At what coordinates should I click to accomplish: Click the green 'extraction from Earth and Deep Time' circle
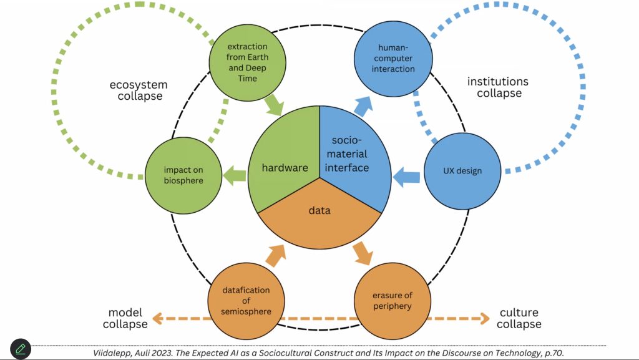pyautogui.click(x=247, y=63)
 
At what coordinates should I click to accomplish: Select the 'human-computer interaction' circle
pyautogui.click(x=393, y=59)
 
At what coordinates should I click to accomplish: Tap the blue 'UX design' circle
pyautogui.click(x=462, y=171)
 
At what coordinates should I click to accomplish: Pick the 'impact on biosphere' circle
pyautogui.click(x=183, y=175)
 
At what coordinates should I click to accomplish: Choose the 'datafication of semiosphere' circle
pyautogui.click(x=246, y=299)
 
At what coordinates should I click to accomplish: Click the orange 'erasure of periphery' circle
pyautogui.click(x=393, y=299)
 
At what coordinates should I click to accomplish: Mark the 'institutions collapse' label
pyautogui.click(x=498, y=87)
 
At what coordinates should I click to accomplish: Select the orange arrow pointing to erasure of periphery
pyautogui.click(x=363, y=251)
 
